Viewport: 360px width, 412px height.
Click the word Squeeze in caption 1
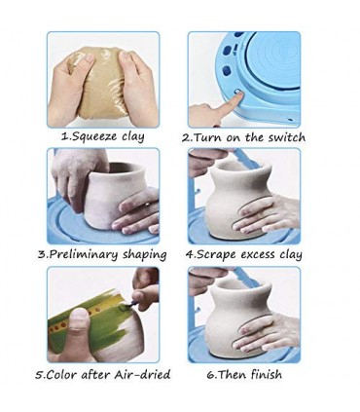93,136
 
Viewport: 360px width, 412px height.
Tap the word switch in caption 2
287,137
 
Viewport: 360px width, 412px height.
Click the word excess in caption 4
258,255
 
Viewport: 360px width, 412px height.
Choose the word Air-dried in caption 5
142,374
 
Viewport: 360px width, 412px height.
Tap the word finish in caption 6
266,374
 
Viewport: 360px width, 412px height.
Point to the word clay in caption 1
133,136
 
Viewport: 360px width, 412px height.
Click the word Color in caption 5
61,375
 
